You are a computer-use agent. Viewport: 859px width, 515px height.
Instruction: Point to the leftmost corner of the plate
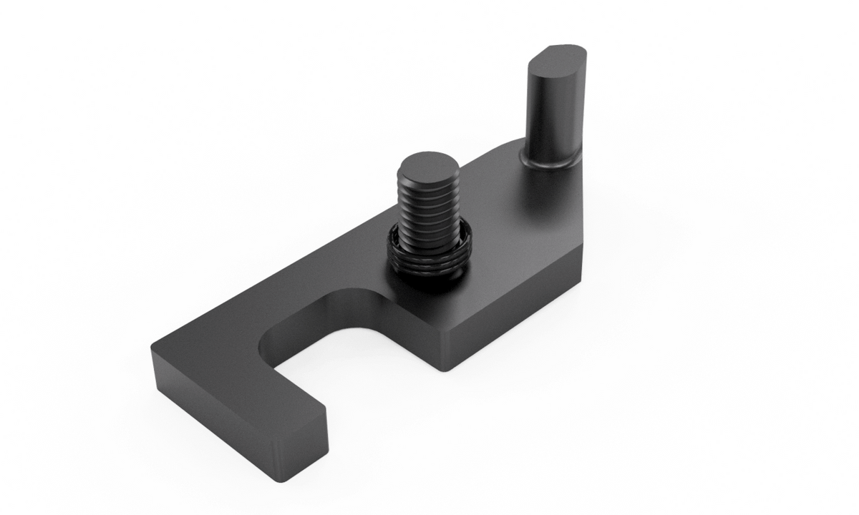point(152,350)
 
